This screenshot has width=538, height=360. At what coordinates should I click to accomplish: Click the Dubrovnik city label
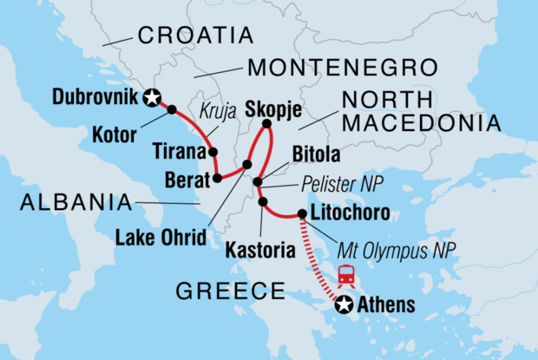tap(95, 98)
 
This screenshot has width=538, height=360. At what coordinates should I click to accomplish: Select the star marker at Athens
tap(344, 304)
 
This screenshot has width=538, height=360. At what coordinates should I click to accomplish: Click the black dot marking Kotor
tap(172, 110)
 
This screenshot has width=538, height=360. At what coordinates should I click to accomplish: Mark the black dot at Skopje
tap(267, 125)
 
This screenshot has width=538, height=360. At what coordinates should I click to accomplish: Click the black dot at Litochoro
tap(301, 213)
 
